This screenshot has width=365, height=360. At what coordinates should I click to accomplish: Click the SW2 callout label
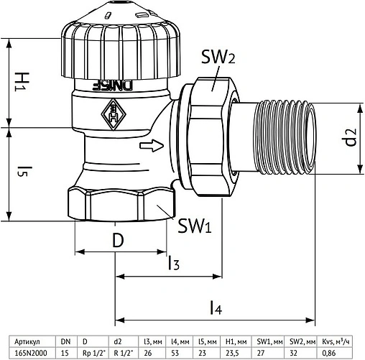pyautogui.click(x=218, y=57)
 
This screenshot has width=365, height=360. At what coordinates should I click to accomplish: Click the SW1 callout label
pyautogui.click(x=195, y=226)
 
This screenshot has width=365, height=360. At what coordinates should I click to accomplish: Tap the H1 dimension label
pyautogui.click(x=22, y=82)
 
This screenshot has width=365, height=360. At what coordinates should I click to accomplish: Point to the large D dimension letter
pyautogui.click(x=118, y=240)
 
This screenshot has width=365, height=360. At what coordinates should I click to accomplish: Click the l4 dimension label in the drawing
pyautogui.click(x=216, y=308)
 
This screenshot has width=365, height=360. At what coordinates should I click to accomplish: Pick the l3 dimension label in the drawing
pyautogui.click(x=174, y=263)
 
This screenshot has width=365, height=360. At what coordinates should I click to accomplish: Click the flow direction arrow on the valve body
pyautogui.click(x=152, y=145)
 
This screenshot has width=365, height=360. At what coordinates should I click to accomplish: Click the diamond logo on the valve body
pyautogui.click(x=114, y=114)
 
